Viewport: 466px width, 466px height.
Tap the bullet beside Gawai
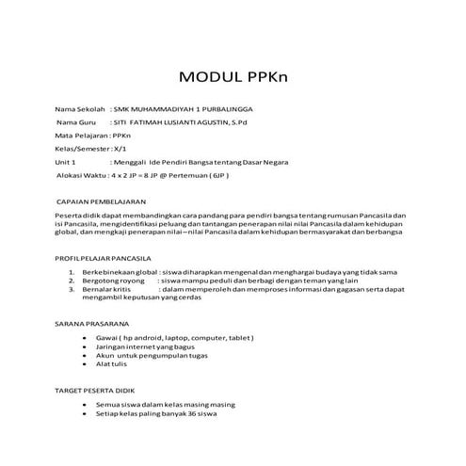(x=87, y=336)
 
